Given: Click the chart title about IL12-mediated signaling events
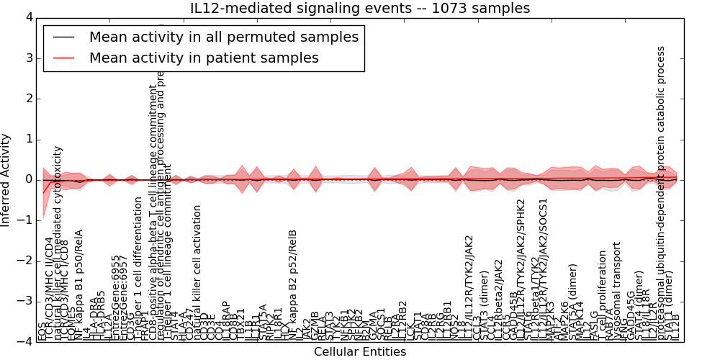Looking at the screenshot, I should coord(360,9).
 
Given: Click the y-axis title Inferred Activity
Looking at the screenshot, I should coord(6,180).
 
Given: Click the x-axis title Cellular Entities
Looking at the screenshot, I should coord(360,352).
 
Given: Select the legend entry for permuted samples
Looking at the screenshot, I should coord(223,37).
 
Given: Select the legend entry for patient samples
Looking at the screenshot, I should coord(204,58).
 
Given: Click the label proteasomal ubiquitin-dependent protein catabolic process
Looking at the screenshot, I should coord(662,194).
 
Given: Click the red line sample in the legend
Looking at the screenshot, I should coord(65,58).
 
